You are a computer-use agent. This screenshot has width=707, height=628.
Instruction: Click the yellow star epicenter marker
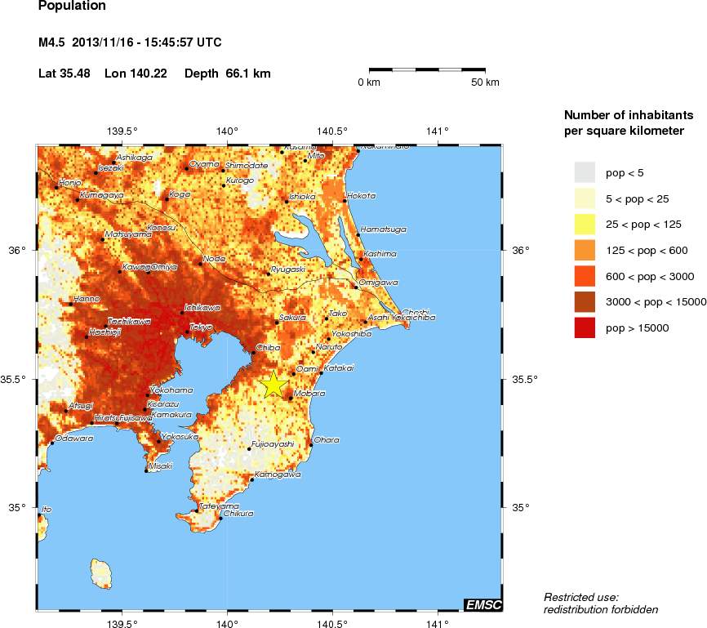tap(274, 384)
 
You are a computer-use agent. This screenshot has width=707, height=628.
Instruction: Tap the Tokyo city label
tap(201, 327)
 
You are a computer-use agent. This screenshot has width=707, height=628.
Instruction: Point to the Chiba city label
tap(268, 348)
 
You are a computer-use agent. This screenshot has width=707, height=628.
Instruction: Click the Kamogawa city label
tap(278, 474)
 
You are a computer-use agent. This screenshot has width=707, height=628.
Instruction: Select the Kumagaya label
tap(101, 195)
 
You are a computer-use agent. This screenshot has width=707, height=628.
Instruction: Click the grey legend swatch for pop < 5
tap(585, 172)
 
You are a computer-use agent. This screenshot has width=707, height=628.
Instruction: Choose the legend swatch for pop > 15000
tap(585, 327)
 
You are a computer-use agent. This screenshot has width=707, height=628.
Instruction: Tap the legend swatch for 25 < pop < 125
tap(585, 224)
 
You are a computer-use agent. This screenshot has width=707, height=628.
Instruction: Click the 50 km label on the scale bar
tap(486, 82)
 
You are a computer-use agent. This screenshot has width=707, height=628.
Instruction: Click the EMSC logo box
tap(482, 604)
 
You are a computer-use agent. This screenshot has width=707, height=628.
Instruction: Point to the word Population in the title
tap(72, 7)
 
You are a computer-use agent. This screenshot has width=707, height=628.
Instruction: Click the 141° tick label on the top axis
tap(438, 131)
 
